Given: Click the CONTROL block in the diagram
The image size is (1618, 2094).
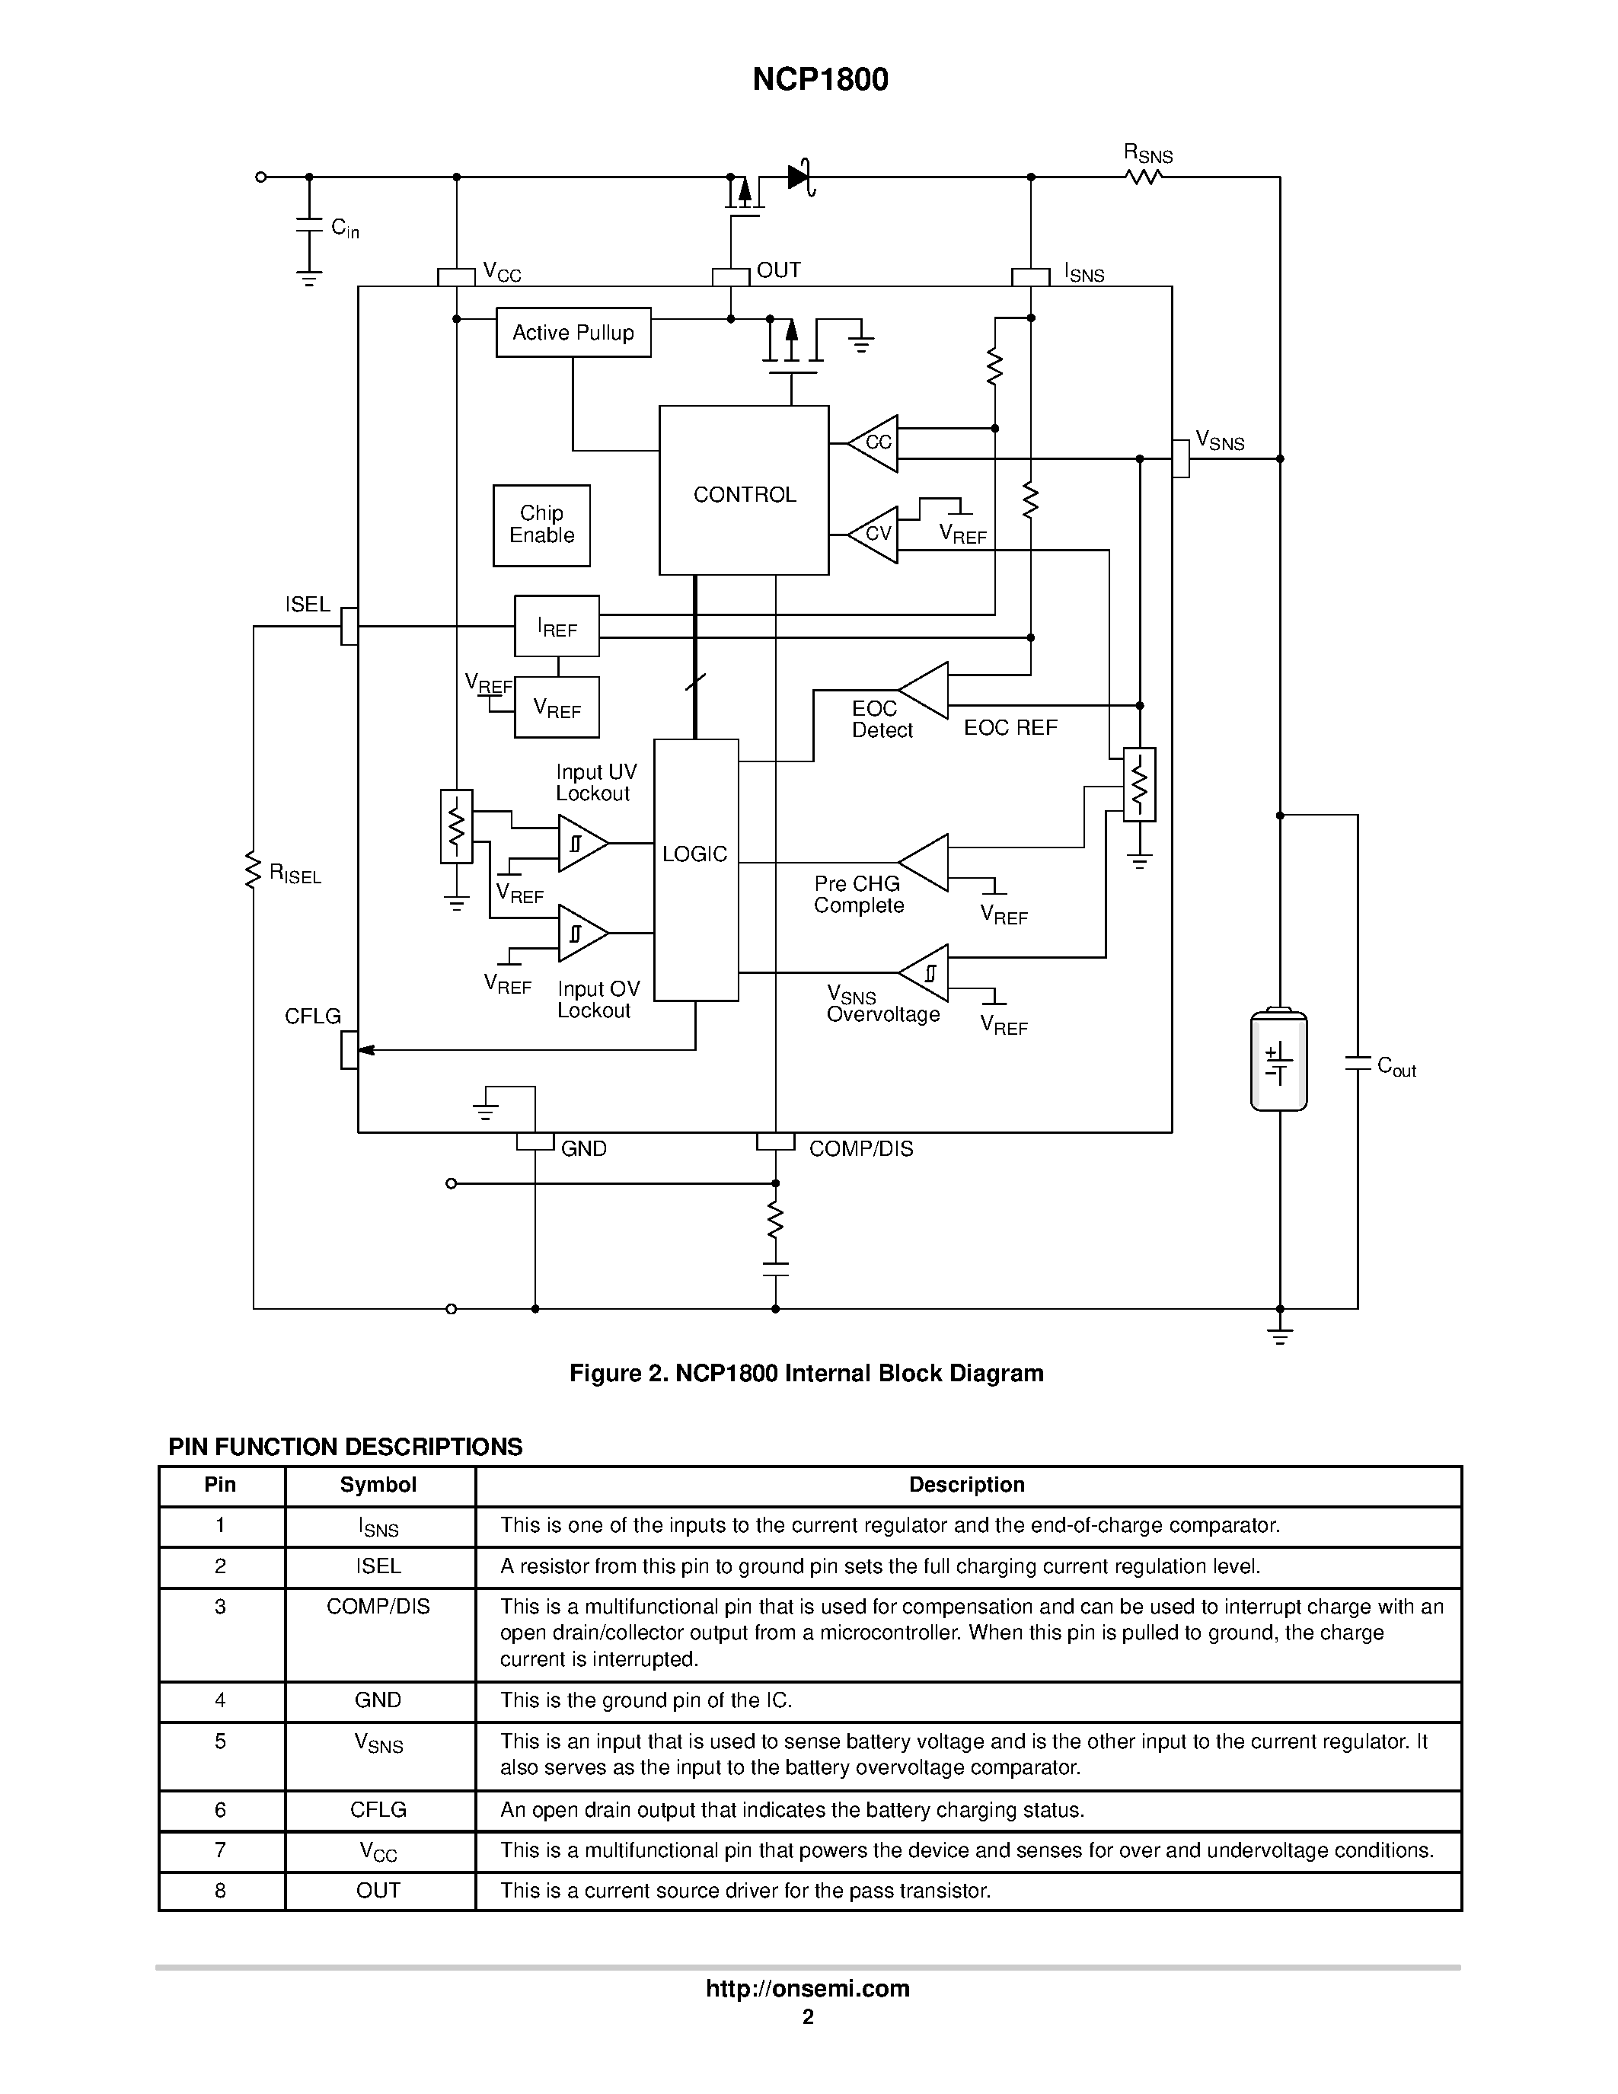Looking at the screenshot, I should pyautogui.click(x=744, y=491).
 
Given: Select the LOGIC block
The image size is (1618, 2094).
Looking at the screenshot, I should pyautogui.click(x=696, y=869).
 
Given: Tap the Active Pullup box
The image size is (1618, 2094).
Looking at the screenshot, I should pyautogui.click(x=573, y=333).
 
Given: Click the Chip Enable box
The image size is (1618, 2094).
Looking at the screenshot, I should pyautogui.click(x=541, y=525).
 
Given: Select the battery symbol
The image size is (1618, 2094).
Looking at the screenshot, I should pyautogui.click(x=1278, y=1061).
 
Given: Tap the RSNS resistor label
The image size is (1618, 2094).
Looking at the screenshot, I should pyautogui.click(x=1147, y=153).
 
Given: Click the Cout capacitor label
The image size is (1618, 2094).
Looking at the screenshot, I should pyautogui.click(x=1396, y=1066).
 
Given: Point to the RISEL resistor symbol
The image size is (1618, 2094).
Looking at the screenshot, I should pyautogui.click(x=253, y=869).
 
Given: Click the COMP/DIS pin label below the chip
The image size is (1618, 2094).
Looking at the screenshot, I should pyautogui.click(x=860, y=1148).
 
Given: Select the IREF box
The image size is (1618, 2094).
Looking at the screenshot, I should pyautogui.click(x=557, y=626).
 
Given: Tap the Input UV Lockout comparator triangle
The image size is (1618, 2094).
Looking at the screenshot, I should pyautogui.click(x=581, y=844).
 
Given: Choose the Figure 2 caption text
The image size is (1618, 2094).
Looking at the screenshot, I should pyautogui.click(x=806, y=1373).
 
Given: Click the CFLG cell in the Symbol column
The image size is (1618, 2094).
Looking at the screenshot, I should pyautogui.click(x=378, y=1809).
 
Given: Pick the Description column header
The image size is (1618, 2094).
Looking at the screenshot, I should pyautogui.click(x=966, y=1485).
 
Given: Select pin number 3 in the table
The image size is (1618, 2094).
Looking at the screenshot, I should pyautogui.click(x=221, y=1607).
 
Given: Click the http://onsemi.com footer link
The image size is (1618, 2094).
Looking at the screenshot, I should pyautogui.click(x=807, y=1988).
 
